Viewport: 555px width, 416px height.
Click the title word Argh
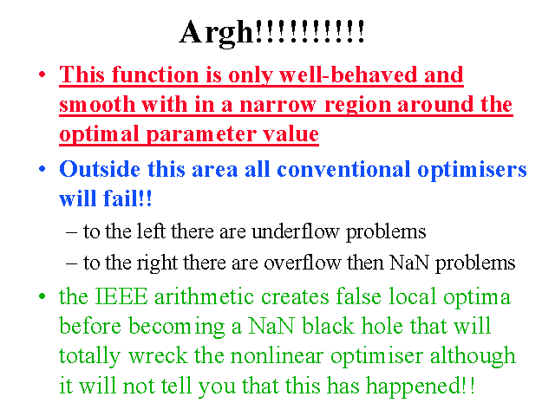[x=217, y=33]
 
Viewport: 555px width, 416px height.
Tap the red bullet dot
[x=42, y=75]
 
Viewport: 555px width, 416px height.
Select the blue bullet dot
[x=42, y=169]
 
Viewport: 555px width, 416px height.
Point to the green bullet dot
[x=42, y=296]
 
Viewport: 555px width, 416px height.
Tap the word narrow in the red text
[x=277, y=105]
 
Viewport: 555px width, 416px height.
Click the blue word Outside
[x=100, y=169]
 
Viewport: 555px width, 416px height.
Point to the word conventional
[x=343, y=169]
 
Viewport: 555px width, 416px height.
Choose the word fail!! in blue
[x=127, y=198]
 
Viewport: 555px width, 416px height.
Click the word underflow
[x=296, y=232]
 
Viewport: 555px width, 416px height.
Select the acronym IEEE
[x=121, y=296]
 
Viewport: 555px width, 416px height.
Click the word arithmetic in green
[x=205, y=296]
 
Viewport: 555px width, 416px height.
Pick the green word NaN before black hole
[x=271, y=326]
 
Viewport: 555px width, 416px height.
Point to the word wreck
[x=158, y=355]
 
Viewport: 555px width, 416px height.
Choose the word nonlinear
[x=277, y=355]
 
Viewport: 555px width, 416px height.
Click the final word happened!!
[x=420, y=386]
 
